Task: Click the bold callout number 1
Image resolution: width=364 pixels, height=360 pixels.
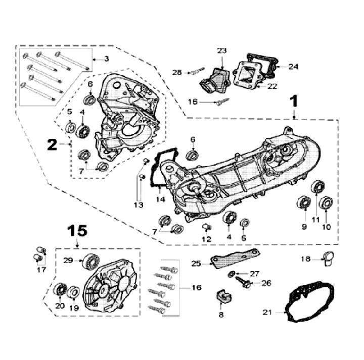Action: point(293,102)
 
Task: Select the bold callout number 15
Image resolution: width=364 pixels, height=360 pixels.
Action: point(78,231)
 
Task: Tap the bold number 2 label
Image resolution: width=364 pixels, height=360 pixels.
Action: point(52,144)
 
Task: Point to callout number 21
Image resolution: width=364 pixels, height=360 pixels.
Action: point(267,313)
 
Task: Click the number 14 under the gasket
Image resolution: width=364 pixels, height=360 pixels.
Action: point(160,199)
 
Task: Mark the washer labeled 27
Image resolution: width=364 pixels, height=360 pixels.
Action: point(231,274)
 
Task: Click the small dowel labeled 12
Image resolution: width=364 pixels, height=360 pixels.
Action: point(206,225)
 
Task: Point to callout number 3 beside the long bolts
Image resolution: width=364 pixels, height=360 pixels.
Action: point(107,59)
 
